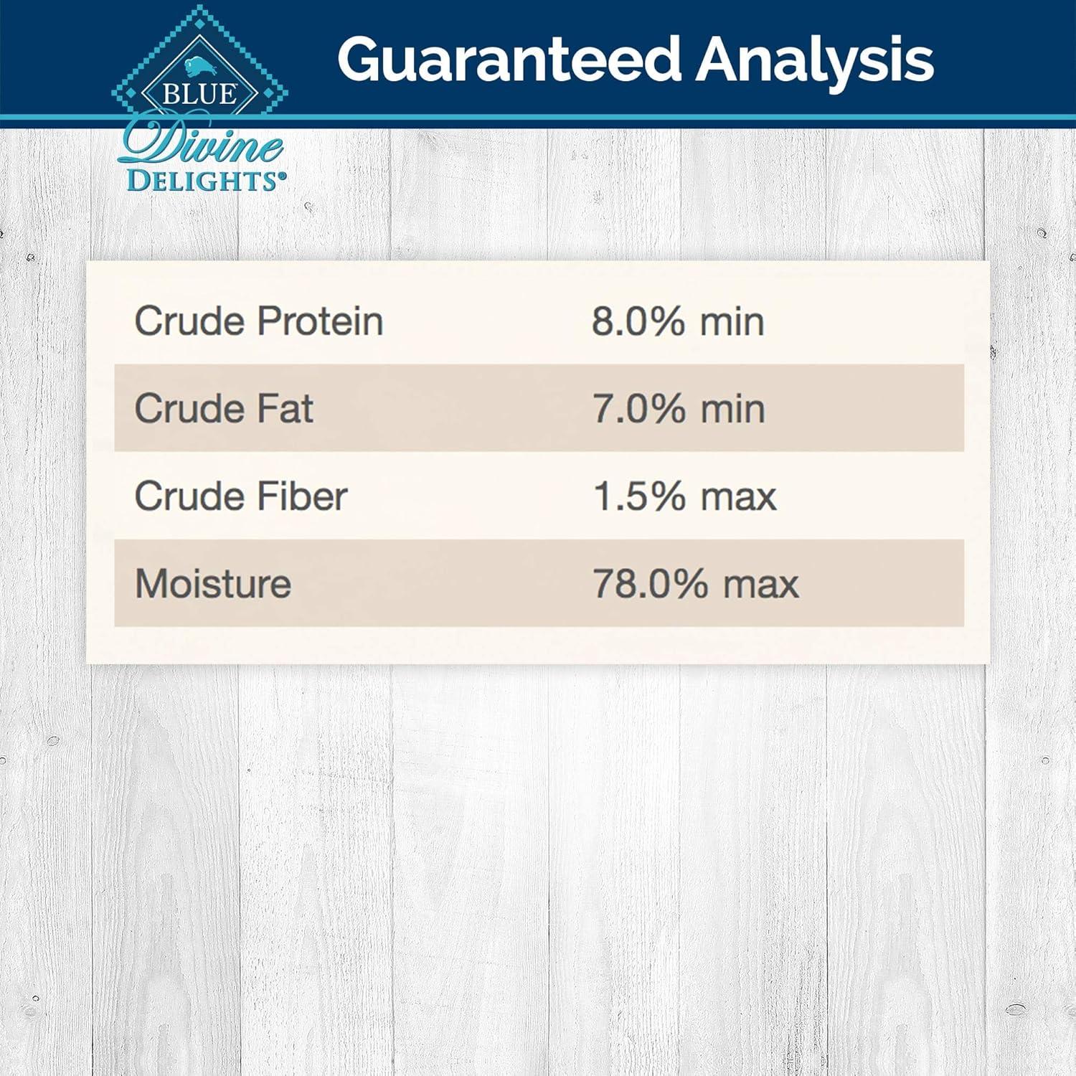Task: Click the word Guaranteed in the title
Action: (x=509, y=60)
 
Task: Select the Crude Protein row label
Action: (x=259, y=321)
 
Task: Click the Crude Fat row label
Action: (x=224, y=408)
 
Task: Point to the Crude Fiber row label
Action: (x=241, y=496)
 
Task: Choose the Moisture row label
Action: (x=213, y=583)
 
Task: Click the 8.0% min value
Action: (x=678, y=321)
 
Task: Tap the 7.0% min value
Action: (x=679, y=408)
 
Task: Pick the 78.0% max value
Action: (x=695, y=583)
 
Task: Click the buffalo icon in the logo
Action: (x=198, y=67)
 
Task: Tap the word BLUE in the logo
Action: (x=199, y=94)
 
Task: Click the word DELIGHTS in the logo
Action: (x=205, y=180)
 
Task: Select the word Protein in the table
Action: (x=320, y=321)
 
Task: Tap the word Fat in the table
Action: (x=285, y=408)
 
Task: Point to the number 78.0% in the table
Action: (x=651, y=583)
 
